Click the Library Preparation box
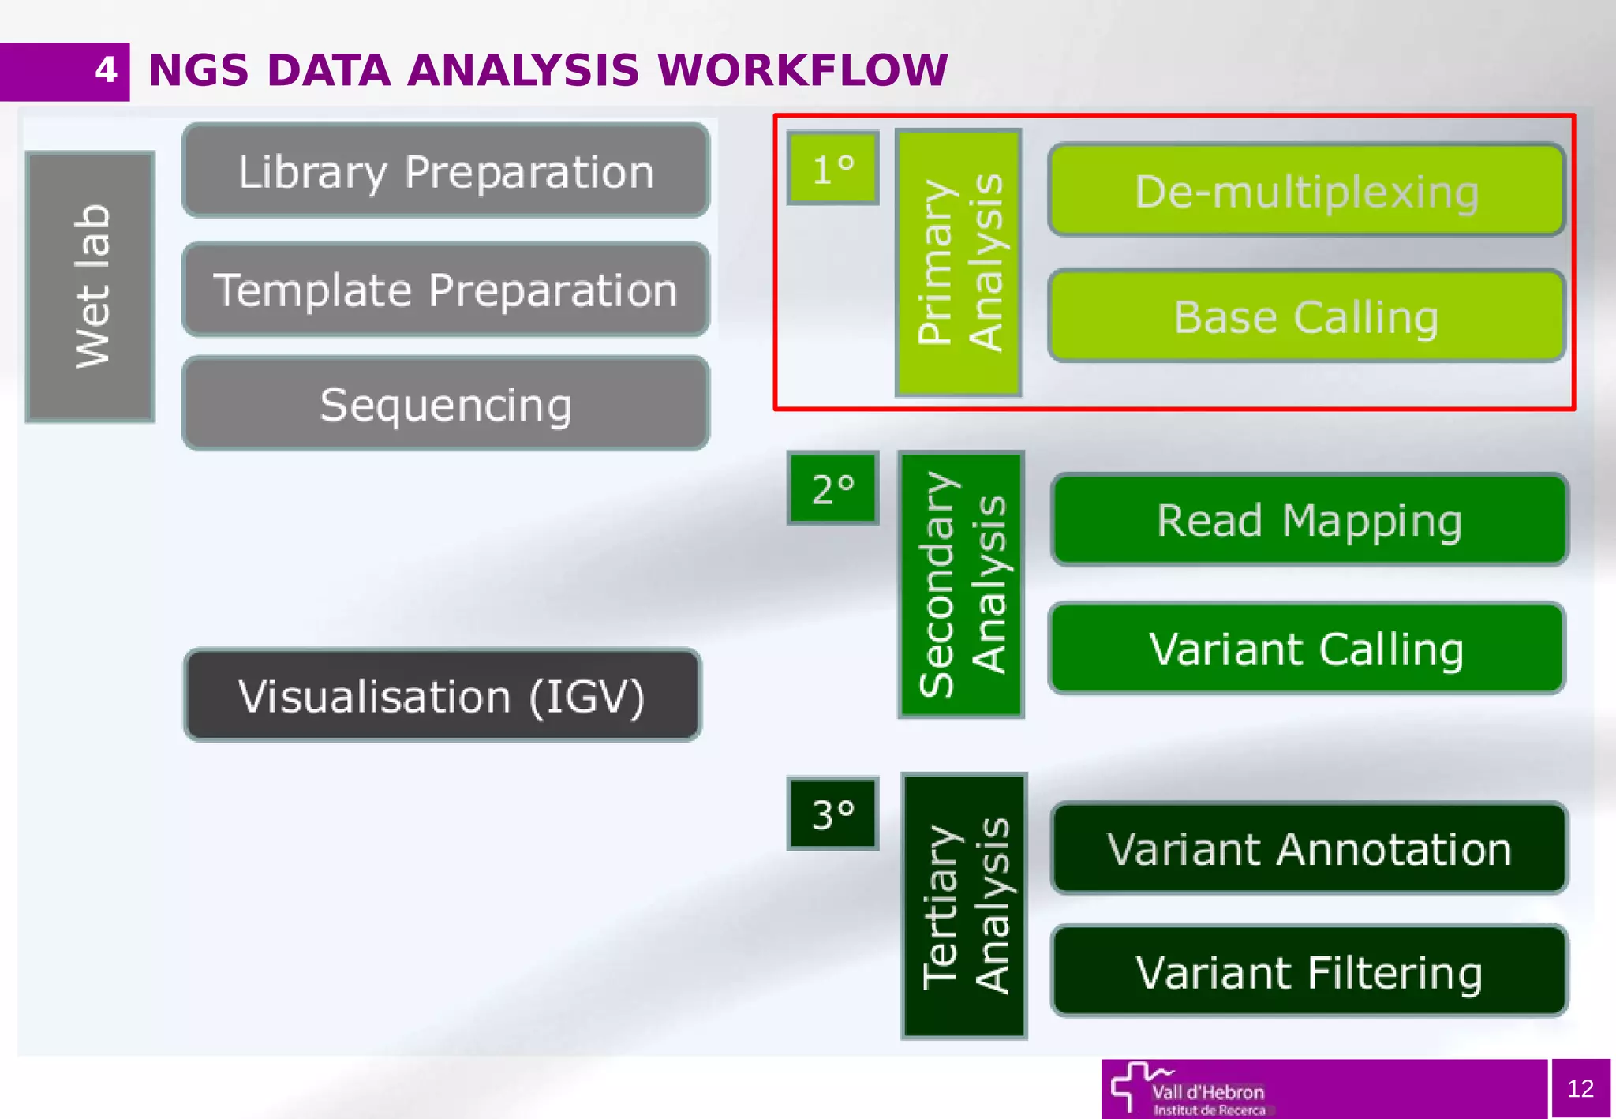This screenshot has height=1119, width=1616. (446, 170)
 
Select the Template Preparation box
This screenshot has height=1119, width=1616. (446, 290)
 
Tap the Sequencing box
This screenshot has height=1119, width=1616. (446, 404)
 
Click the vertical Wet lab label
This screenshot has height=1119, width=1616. (91, 286)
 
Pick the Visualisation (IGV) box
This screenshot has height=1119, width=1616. (442, 695)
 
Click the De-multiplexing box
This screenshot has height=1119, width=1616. (1307, 190)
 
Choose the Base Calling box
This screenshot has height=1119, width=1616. (1307, 316)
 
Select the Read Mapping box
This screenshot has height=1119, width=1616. (1309, 520)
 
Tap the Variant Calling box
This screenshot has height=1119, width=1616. (1307, 649)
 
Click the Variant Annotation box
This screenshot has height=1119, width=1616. (1309, 848)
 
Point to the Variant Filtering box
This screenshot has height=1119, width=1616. (1309, 971)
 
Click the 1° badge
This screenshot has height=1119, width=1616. (832, 168)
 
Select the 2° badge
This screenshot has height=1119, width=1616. (832, 488)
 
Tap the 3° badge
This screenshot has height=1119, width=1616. (832, 814)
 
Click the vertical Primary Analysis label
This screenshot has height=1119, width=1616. (959, 263)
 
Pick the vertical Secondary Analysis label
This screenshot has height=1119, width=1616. (961, 585)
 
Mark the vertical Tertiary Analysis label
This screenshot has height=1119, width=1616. (963, 906)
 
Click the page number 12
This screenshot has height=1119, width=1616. (1580, 1088)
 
